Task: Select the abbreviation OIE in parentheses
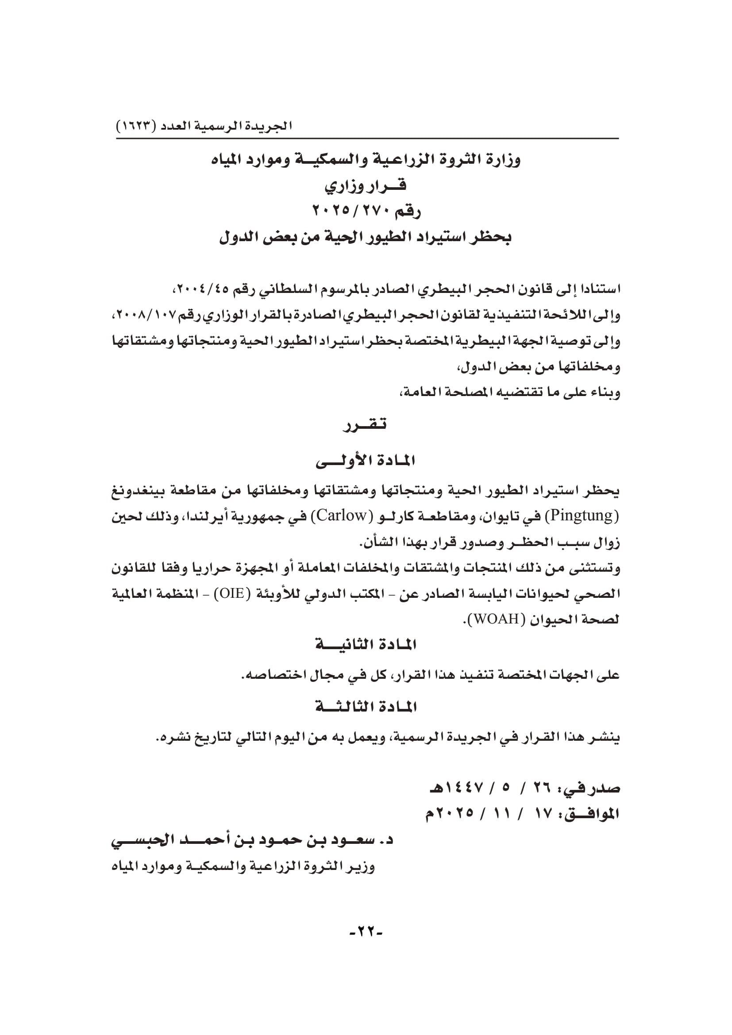click(x=231, y=593)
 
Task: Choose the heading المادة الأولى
click(x=365, y=461)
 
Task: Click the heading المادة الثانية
click(x=366, y=645)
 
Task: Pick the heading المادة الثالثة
click(x=366, y=707)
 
